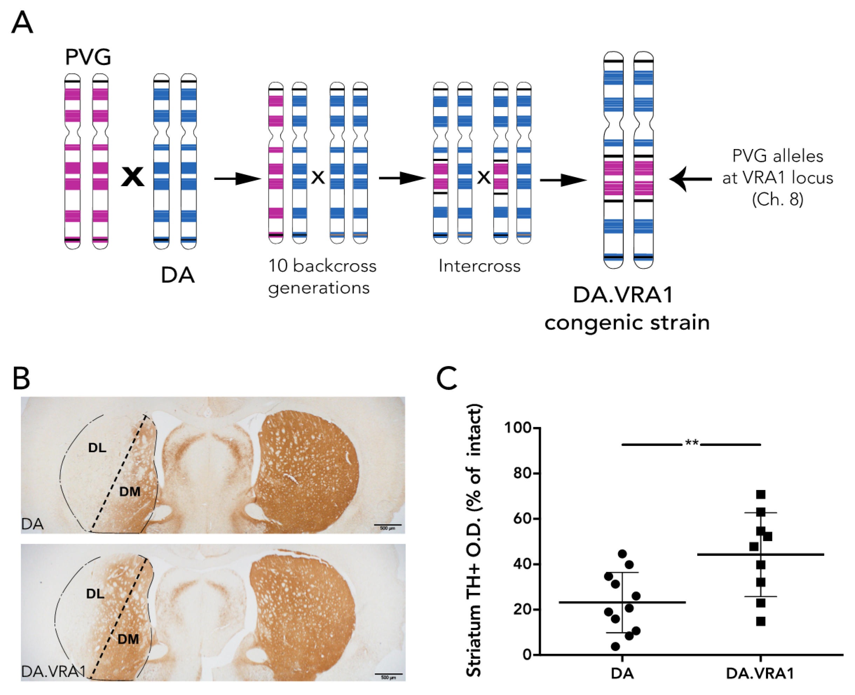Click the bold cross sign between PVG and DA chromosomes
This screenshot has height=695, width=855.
click(133, 177)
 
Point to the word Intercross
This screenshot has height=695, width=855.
click(479, 266)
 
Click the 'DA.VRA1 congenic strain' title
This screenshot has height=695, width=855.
click(627, 309)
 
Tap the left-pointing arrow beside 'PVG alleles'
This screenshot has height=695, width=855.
click(690, 179)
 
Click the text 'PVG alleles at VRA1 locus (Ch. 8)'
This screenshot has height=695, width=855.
click(778, 177)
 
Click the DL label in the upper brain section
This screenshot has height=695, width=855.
click(97, 448)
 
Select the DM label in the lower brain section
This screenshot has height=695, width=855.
click(128, 639)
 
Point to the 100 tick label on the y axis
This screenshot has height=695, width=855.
click(518, 428)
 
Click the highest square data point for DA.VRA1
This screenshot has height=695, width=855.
click(760, 494)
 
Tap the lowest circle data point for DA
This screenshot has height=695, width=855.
click(616, 646)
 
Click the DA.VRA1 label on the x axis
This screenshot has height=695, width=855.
click(760, 674)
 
